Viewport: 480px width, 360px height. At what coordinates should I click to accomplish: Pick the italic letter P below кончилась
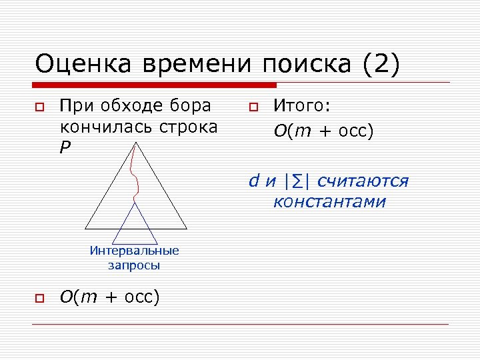(x=64, y=147)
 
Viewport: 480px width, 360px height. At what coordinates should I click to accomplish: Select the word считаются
(x=363, y=181)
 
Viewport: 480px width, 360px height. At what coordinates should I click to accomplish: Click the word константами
(x=329, y=201)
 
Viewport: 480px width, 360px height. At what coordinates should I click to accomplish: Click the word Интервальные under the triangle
(x=135, y=251)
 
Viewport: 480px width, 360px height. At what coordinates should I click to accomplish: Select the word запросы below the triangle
(x=134, y=265)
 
